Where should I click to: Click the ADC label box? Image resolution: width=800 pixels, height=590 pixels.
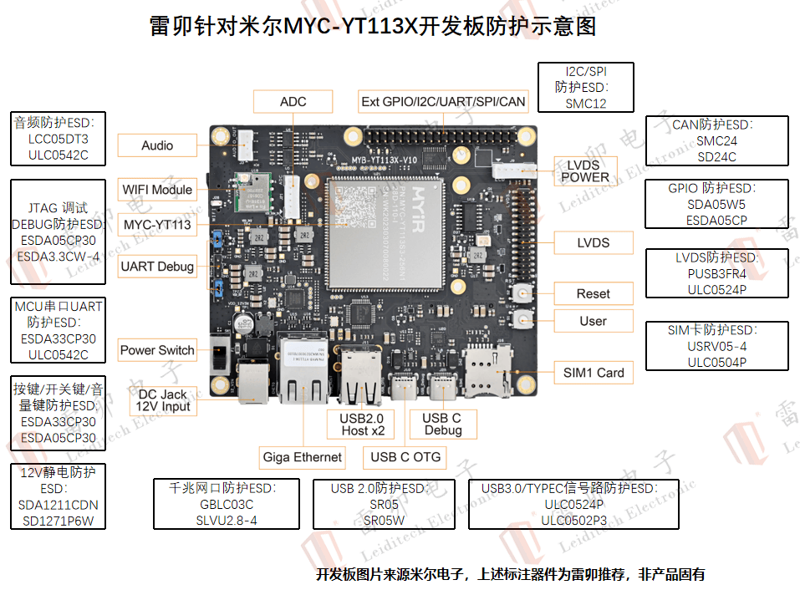[293, 102]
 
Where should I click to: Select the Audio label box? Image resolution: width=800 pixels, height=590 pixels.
[157, 145]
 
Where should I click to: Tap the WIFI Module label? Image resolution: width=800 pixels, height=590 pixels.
[158, 190]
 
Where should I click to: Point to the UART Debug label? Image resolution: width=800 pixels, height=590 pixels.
[157, 267]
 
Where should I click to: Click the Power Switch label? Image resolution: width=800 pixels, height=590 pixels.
[157, 350]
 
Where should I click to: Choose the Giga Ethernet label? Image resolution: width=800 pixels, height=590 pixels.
[302, 456]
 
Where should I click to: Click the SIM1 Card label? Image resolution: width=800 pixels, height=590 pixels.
[594, 373]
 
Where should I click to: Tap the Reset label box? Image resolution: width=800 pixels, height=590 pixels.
[593, 293]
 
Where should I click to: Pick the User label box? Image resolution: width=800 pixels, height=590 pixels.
[593, 321]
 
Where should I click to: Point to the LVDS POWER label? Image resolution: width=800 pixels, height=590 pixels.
[585, 170]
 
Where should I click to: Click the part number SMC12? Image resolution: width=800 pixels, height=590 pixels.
[585, 104]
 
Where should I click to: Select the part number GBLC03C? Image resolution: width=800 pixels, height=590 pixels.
[227, 504]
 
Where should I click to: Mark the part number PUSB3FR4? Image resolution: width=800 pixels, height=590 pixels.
[716, 273]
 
